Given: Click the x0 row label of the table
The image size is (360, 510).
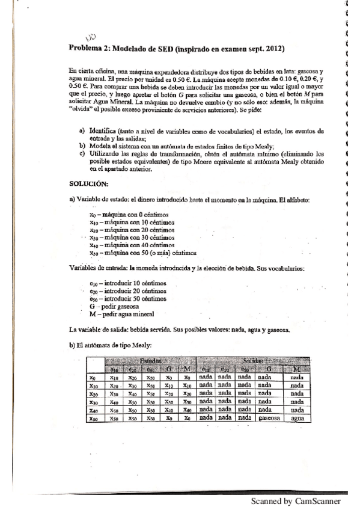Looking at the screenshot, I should point(93,378).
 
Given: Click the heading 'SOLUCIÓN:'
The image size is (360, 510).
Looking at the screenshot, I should point(90,185).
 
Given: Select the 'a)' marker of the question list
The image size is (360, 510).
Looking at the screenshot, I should point(81,131).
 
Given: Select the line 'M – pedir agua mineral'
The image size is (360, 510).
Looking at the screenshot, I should point(121,313).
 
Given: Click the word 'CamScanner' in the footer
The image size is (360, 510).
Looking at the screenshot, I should point(319,500).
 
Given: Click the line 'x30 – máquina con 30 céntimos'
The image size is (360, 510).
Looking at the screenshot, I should point(131,238).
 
